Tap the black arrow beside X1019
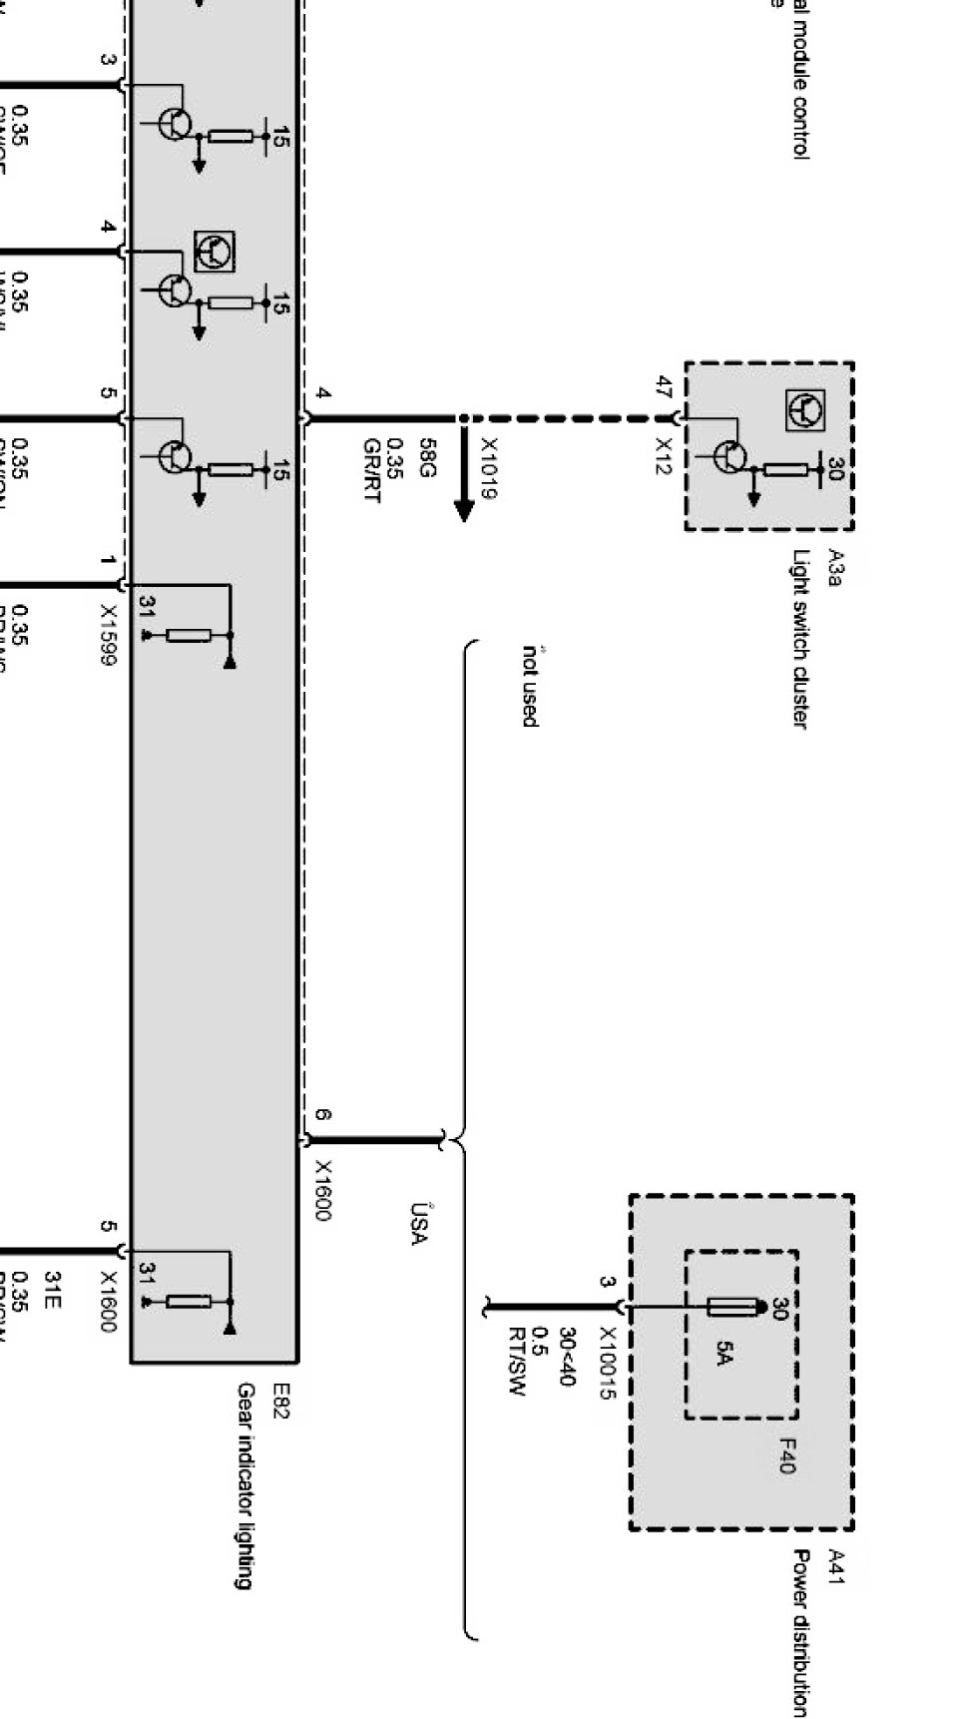tap(463, 475)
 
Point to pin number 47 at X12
tap(663, 386)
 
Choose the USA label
tap(417, 1224)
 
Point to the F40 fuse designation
tap(786, 1455)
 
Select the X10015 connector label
tap(606, 1363)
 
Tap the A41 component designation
tap(836, 1566)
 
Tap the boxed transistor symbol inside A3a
tap(804, 410)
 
